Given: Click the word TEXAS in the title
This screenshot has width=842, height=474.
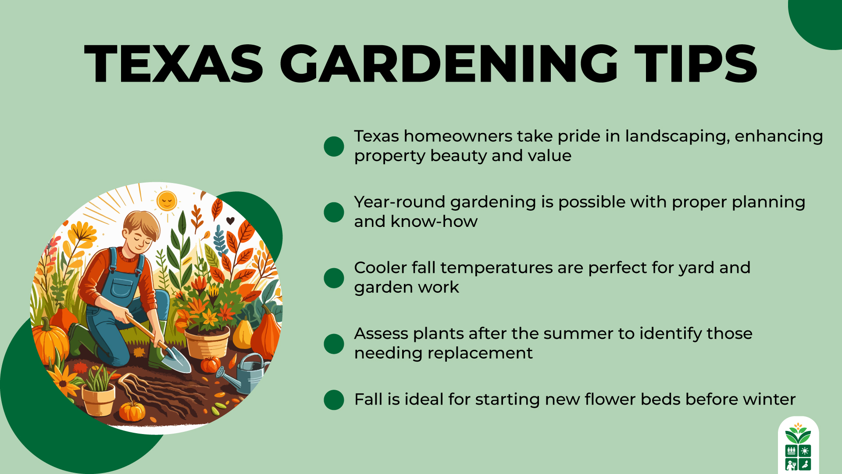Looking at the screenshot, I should point(174,64).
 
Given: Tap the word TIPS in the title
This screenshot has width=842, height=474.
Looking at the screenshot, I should point(696,64).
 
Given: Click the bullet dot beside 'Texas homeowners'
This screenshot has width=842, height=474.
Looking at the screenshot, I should point(334,146).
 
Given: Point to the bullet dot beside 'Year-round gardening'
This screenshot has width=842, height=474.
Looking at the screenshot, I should point(334,212).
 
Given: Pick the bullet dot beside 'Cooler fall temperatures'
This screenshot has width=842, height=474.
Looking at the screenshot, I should point(334,278).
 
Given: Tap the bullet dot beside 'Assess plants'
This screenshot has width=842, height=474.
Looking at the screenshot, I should point(334,344).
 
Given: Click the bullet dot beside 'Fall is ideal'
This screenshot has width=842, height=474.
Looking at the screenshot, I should point(334,400).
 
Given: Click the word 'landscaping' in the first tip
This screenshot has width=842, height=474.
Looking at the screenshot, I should point(677,136).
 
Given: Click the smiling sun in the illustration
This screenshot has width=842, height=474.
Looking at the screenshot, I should point(167,201).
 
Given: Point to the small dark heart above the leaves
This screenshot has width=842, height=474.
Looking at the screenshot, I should point(230,220).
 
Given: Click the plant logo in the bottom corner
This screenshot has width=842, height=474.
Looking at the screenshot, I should point(798,445).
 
